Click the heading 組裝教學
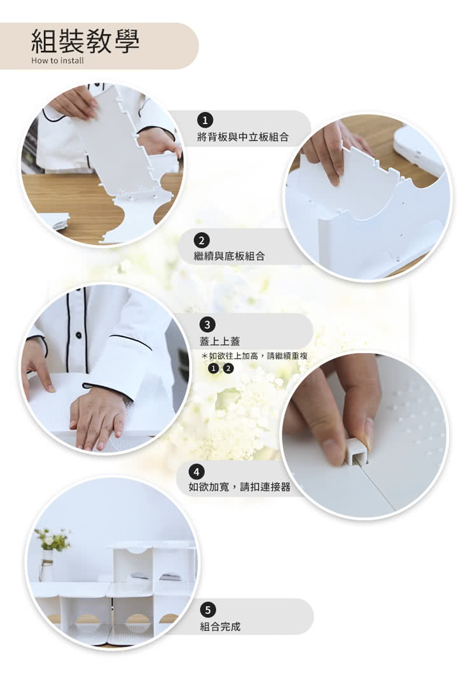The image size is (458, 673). pyautogui.click(x=85, y=41)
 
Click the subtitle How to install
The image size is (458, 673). pyautogui.click(x=57, y=60)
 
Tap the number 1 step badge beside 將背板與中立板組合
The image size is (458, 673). pyautogui.click(x=205, y=120)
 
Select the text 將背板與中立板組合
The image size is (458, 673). pyautogui.click(x=243, y=137)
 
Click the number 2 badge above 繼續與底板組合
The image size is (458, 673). pyautogui.click(x=202, y=240)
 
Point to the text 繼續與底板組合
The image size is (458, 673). pyautogui.click(x=229, y=256)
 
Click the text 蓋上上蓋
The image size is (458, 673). pyautogui.click(x=219, y=342)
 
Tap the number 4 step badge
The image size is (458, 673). pyautogui.click(x=196, y=472)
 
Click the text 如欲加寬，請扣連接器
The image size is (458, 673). pyautogui.click(x=240, y=487)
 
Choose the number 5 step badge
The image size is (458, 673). pyautogui.click(x=208, y=610)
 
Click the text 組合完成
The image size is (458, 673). pyautogui.click(x=220, y=627)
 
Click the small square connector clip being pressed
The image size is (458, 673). pyautogui.click(x=357, y=454)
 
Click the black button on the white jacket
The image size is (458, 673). pyautogui.click(x=78, y=335)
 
